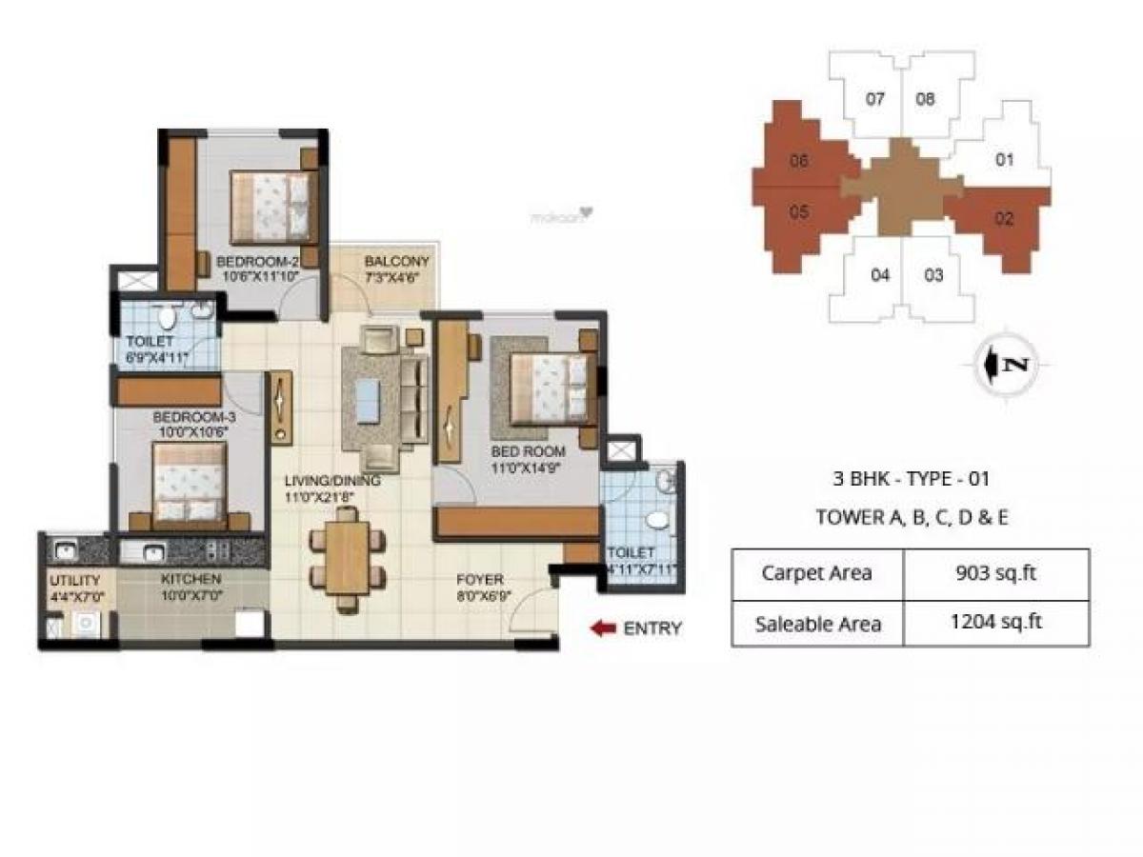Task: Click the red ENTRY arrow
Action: click(x=601, y=628)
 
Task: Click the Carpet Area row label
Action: click(x=816, y=573)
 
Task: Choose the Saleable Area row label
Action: click(x=816, y=624)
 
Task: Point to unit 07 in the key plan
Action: click(x=875, y=99)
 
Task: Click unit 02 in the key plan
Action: click(x=1004, y=219)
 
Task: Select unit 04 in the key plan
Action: click(x=880, y=276)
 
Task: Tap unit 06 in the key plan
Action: click(x=798, y=161)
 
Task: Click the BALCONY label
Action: click(x=397, y=261)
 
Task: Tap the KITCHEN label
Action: click(x=191, y=579)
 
